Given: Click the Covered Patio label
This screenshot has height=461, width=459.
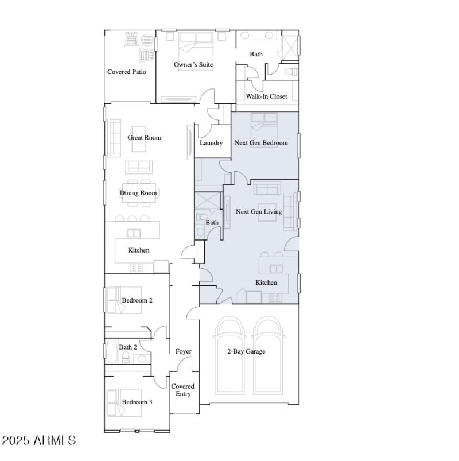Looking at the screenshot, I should point(127,72).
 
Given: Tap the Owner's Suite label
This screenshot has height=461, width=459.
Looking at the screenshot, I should point(193,65).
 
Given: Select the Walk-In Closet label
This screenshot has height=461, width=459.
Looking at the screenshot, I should point(266,96).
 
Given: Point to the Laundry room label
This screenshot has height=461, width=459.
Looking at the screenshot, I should point(211,143).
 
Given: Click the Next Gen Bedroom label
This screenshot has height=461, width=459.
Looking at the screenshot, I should point(261,143).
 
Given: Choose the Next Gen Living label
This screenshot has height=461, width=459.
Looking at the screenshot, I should point(259,212).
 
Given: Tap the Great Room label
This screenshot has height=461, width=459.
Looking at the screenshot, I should point(144,138).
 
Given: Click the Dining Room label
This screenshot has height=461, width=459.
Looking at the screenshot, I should point(138,193).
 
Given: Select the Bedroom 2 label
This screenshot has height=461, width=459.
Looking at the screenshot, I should point(137,300).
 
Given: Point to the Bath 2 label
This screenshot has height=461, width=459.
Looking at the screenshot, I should point(128,347).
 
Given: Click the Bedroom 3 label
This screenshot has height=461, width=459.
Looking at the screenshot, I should point(137,402).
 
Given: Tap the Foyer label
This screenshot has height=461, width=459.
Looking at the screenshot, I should point(184,351).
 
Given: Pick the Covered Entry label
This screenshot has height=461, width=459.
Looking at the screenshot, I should point(183,390).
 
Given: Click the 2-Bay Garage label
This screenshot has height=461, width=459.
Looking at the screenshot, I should point(246,351).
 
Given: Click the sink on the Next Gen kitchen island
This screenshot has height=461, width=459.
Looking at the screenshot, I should point(277,268).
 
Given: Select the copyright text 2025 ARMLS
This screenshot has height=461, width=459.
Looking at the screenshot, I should point(38,441).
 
